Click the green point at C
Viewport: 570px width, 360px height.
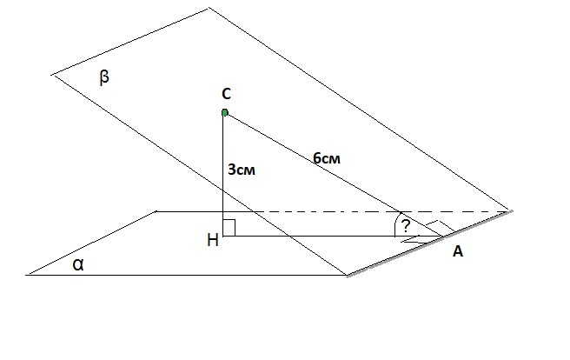[225, 113]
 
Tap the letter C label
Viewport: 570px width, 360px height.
[226, 94]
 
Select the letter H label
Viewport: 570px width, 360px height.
[213, 240]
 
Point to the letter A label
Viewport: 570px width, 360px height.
[458, 251]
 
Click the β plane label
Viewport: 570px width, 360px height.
[104, 77]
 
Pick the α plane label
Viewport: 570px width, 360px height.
[78, 265]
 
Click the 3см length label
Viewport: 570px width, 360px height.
[242, 170]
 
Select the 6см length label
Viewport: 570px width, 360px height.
[327, 158]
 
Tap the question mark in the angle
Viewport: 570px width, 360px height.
[405, 226]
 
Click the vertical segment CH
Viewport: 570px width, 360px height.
[222, 175]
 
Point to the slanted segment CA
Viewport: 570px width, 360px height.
[334, 175]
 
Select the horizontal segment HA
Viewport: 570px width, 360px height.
[332, 237]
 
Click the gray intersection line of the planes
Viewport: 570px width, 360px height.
[430, 243]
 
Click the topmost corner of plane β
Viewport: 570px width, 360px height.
[209, 8]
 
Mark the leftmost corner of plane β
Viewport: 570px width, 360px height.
[52, 75]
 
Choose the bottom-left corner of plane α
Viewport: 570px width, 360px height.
[26, 275]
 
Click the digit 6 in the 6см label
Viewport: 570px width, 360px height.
[316, 157]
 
